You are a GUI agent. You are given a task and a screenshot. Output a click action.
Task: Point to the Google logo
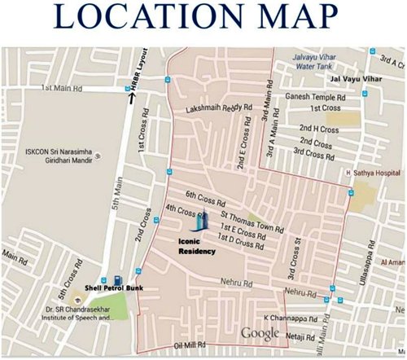tap(260, 332)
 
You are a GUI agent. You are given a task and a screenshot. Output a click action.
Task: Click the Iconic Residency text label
tap(198, 246)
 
